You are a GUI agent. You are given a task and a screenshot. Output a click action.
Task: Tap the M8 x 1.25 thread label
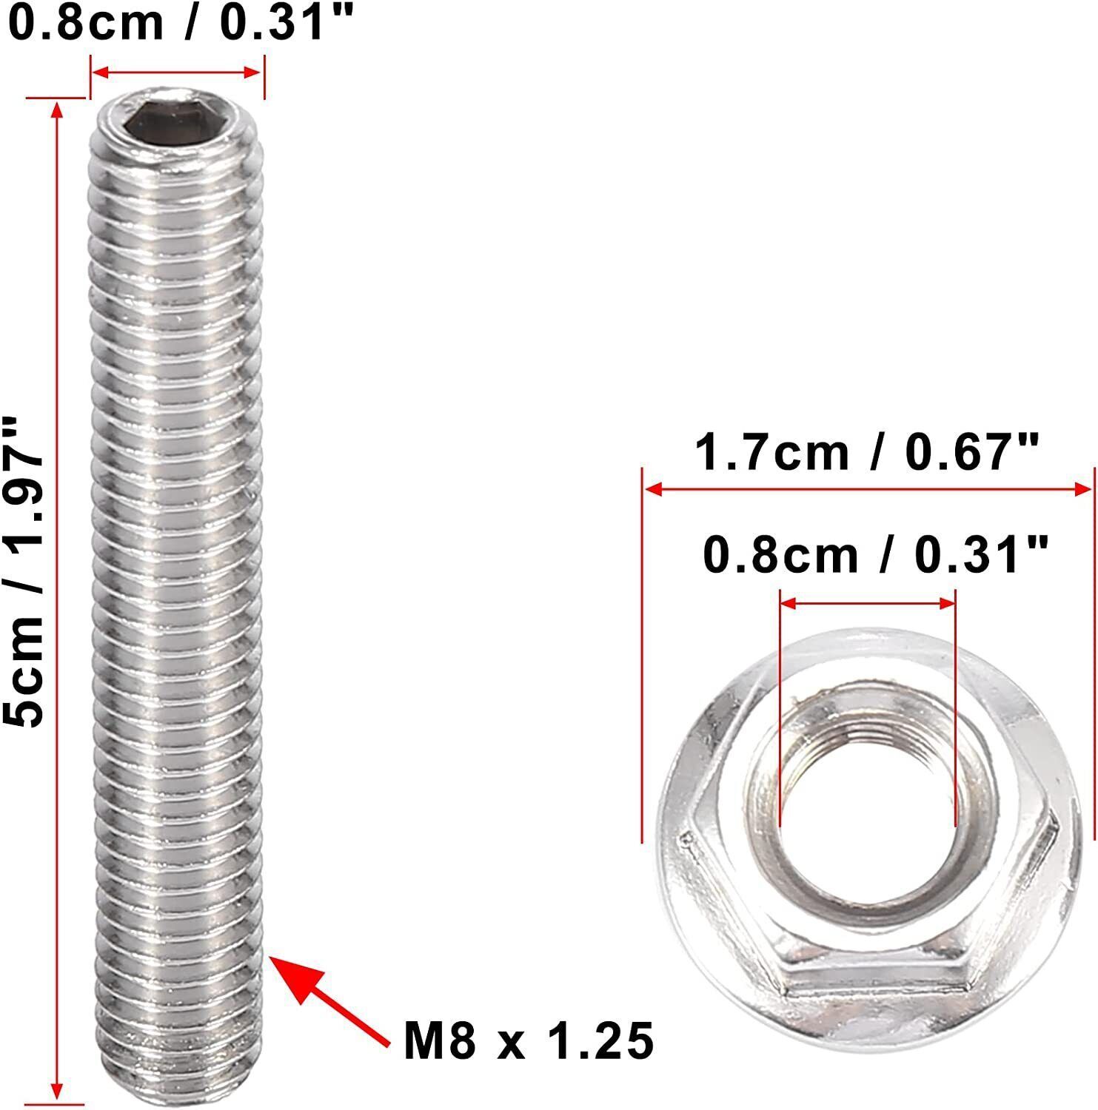[529, 1040]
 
